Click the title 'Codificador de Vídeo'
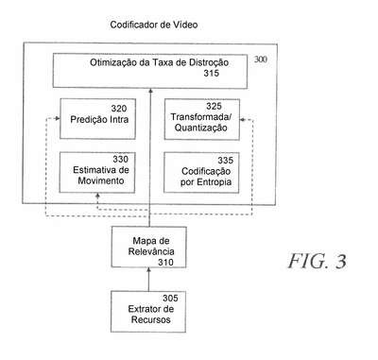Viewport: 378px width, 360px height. coord(154,25)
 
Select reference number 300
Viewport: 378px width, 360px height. coord(261,60)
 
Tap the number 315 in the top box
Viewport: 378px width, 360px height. coord(211,73)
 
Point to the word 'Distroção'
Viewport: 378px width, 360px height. coord(209,62)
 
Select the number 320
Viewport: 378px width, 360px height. coord(119,109)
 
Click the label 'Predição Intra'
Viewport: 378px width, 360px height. coord(99,120)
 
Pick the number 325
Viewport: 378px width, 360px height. coord(215,106)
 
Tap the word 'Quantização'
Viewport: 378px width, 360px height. coord(200,128)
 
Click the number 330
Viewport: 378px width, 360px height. coord(120,159)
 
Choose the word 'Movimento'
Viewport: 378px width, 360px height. coord(101,180)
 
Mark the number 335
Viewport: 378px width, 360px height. coord(226,161)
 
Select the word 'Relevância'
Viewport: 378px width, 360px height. coord(151,251)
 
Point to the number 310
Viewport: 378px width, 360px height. coord(165,262)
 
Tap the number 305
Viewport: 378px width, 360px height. coord(170,298)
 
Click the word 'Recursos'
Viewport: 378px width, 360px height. coord(151,319)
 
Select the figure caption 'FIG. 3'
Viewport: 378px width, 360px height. coord(318,261)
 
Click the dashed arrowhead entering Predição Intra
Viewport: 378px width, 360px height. coord(58,118)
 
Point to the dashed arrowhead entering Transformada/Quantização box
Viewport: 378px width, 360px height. coord(243,120)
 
